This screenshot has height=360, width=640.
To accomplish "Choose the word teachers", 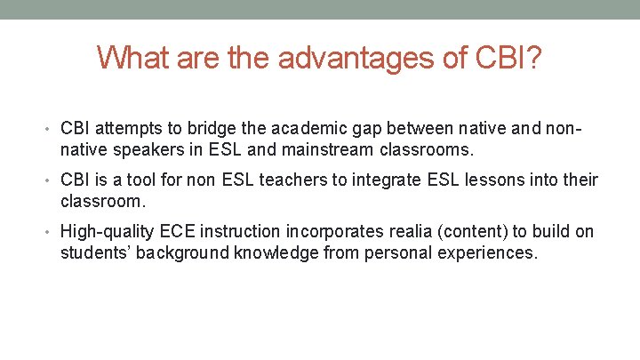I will point(293,181).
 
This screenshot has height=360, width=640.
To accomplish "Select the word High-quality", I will point(107,232).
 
